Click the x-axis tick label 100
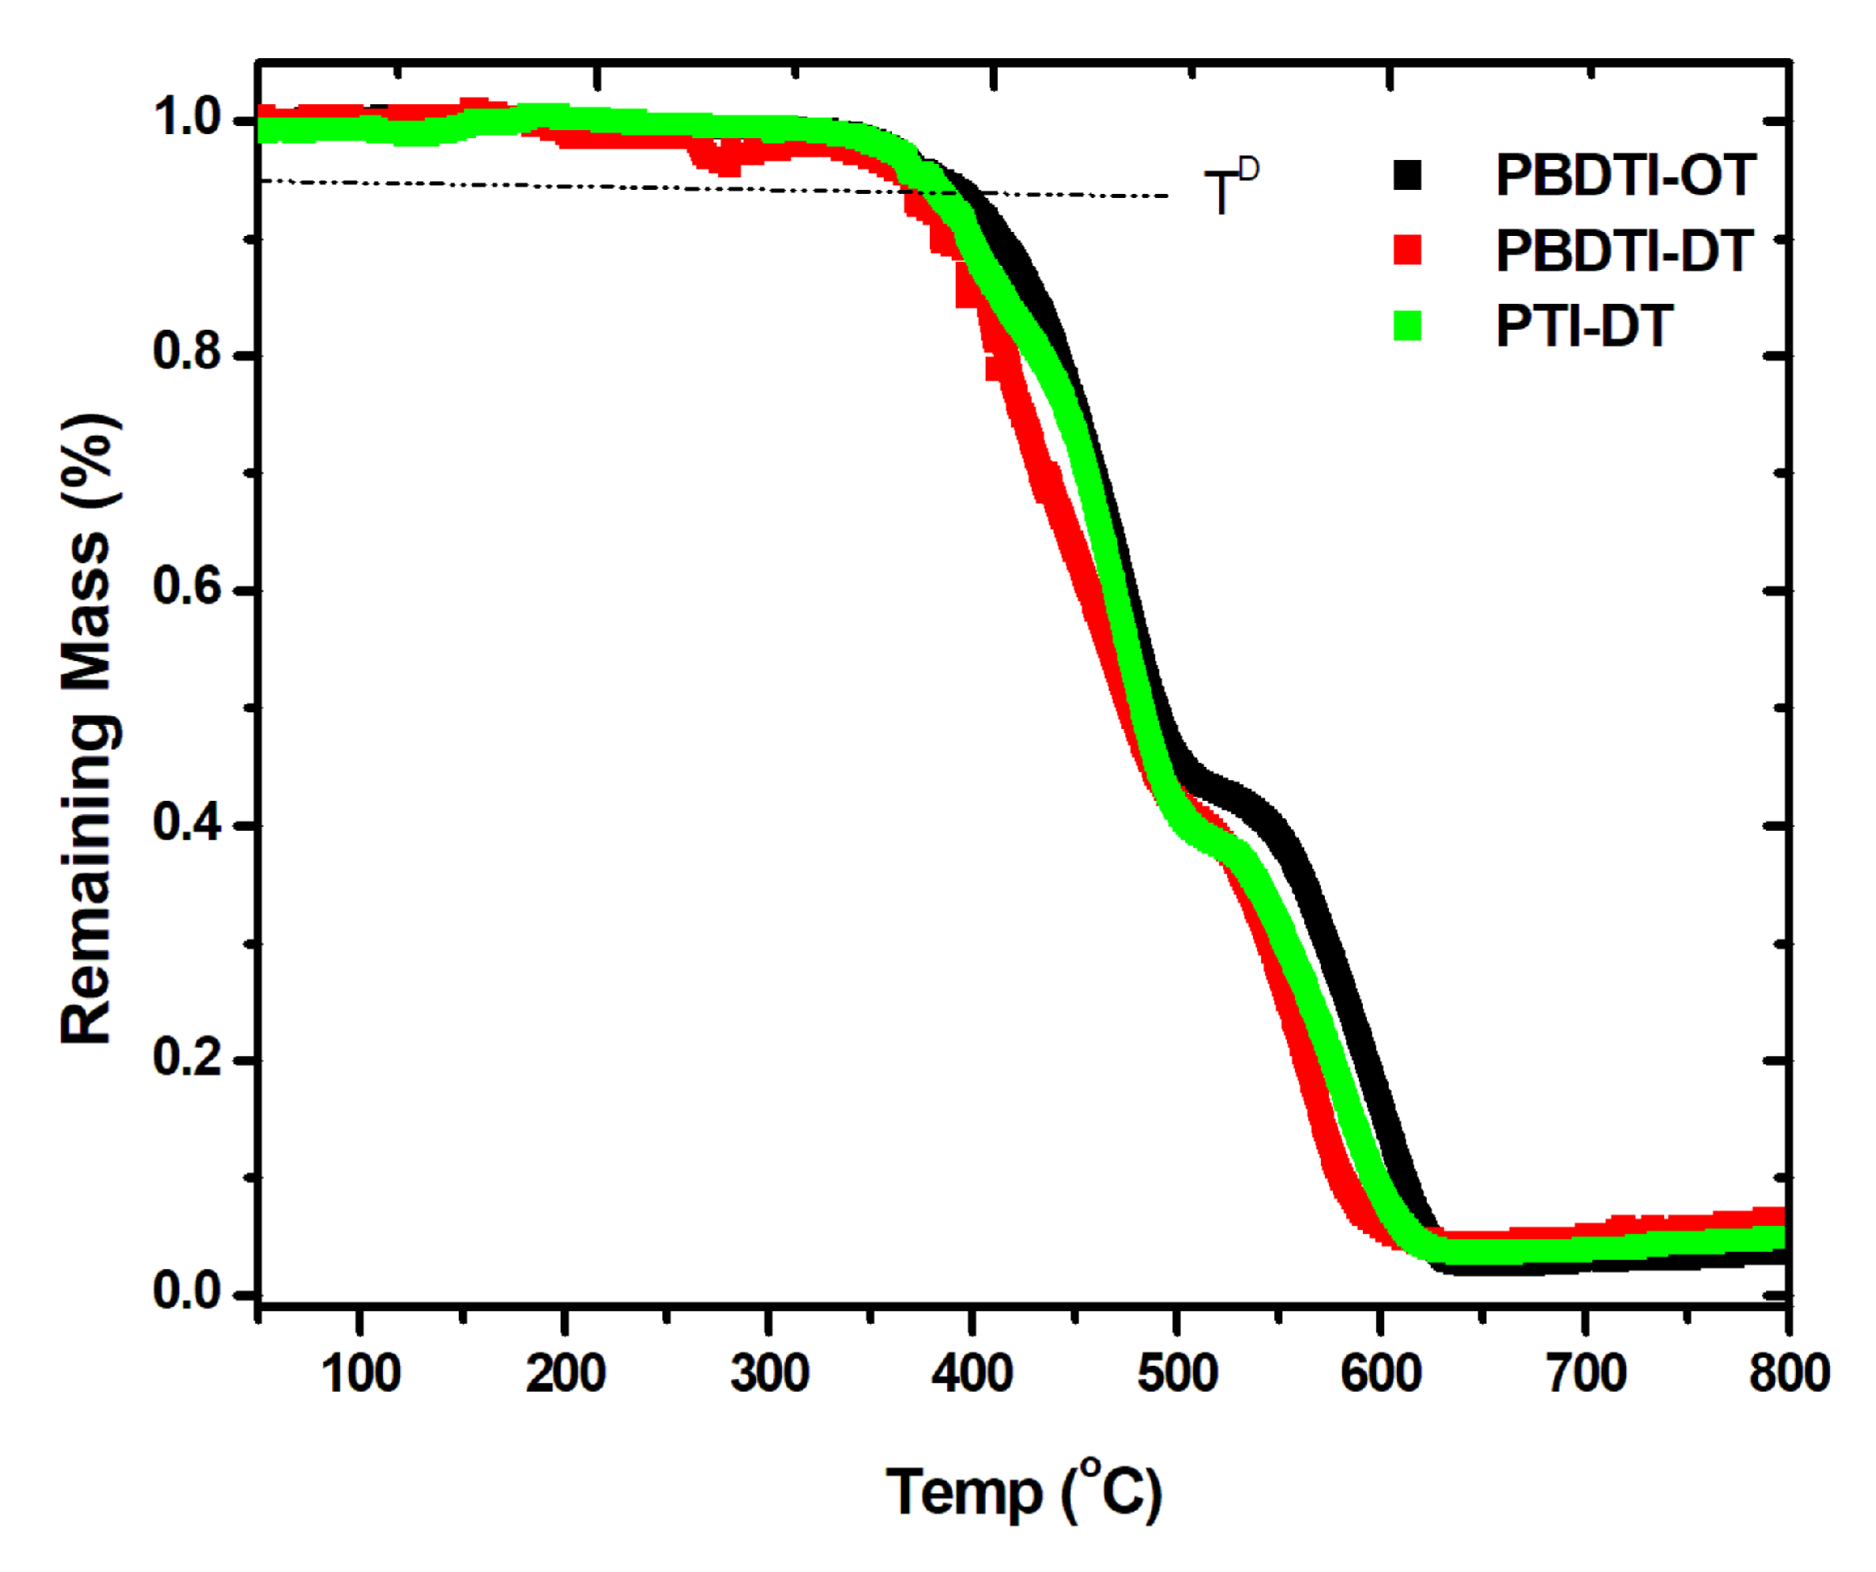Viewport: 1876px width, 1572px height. pyautogui.click(x=360, y=1374)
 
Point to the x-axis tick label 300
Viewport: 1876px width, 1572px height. pyautogui.click(x=769, y=1374)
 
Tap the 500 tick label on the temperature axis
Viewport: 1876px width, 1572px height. pyautogui.click(x=1177, y=1374)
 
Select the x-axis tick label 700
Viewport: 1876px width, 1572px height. pyautogui.click(x=1586, y=1374)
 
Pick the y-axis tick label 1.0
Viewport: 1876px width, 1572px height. pyautogui.click(x=187, y=117)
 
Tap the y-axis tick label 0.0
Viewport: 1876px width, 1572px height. pyautogui.click(x=187, y=1292)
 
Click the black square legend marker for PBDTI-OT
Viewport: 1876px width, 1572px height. pyautogui.click(x=1407, y=175)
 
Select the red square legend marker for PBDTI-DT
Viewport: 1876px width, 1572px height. pyautogui.click(x=1407, y=251)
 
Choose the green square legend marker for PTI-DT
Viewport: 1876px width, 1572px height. pyautogui.click(x=1407, y=325)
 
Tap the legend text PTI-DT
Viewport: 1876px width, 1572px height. pyautogui.click(x=1583, y=325)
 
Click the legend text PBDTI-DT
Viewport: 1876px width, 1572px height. pyautogui.click(x=1624, y=251)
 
